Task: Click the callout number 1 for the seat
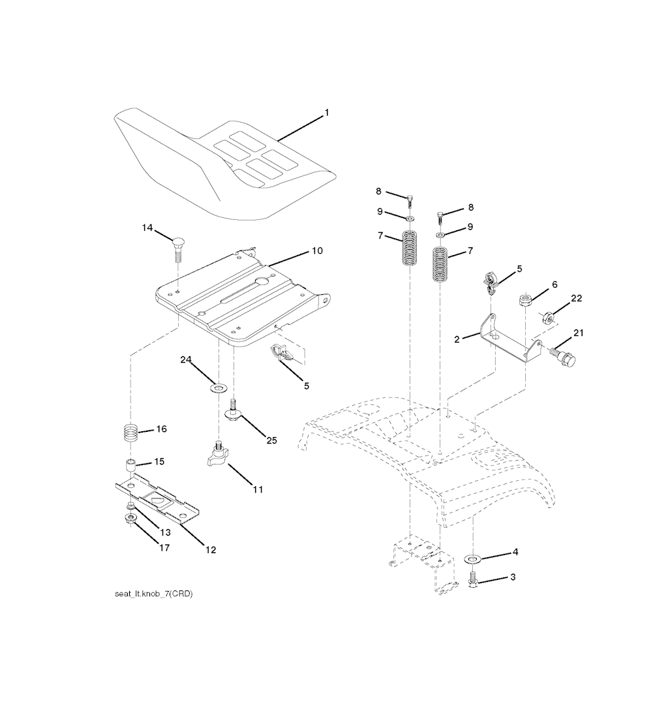point(327,113)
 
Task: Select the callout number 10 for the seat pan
point(317,251)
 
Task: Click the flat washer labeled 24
point(217,389)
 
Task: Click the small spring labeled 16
point(132,431)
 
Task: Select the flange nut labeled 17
point(130,519)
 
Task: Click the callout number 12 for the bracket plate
point(210,550)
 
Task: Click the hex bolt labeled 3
point(474,579)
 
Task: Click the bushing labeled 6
point(525,301)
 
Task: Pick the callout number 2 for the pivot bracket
point(457,339)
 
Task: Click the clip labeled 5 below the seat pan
point(284,354)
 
